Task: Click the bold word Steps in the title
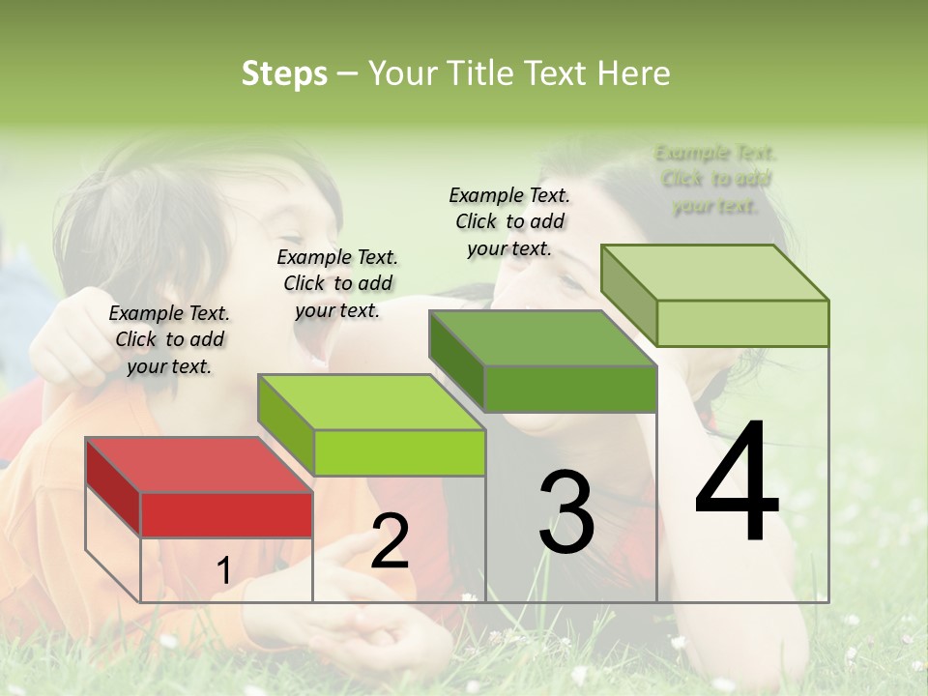(284, 73)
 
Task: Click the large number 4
(737, 483)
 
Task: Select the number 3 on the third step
(566, 512)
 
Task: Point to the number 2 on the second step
(390, 541)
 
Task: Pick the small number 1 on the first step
(223, 571)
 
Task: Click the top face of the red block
(198, 465)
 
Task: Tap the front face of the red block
(226, 514)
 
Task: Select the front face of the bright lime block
(399, 452)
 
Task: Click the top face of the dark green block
(542, 338)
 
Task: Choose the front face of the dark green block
(570, 389)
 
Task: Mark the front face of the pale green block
(742, 323)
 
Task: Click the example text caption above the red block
(169, 339)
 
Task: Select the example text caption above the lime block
(337, 283)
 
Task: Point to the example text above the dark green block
(509, 221)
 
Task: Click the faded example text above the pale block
(715, 179)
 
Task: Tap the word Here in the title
(633, 73)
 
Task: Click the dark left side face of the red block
(113, 488)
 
